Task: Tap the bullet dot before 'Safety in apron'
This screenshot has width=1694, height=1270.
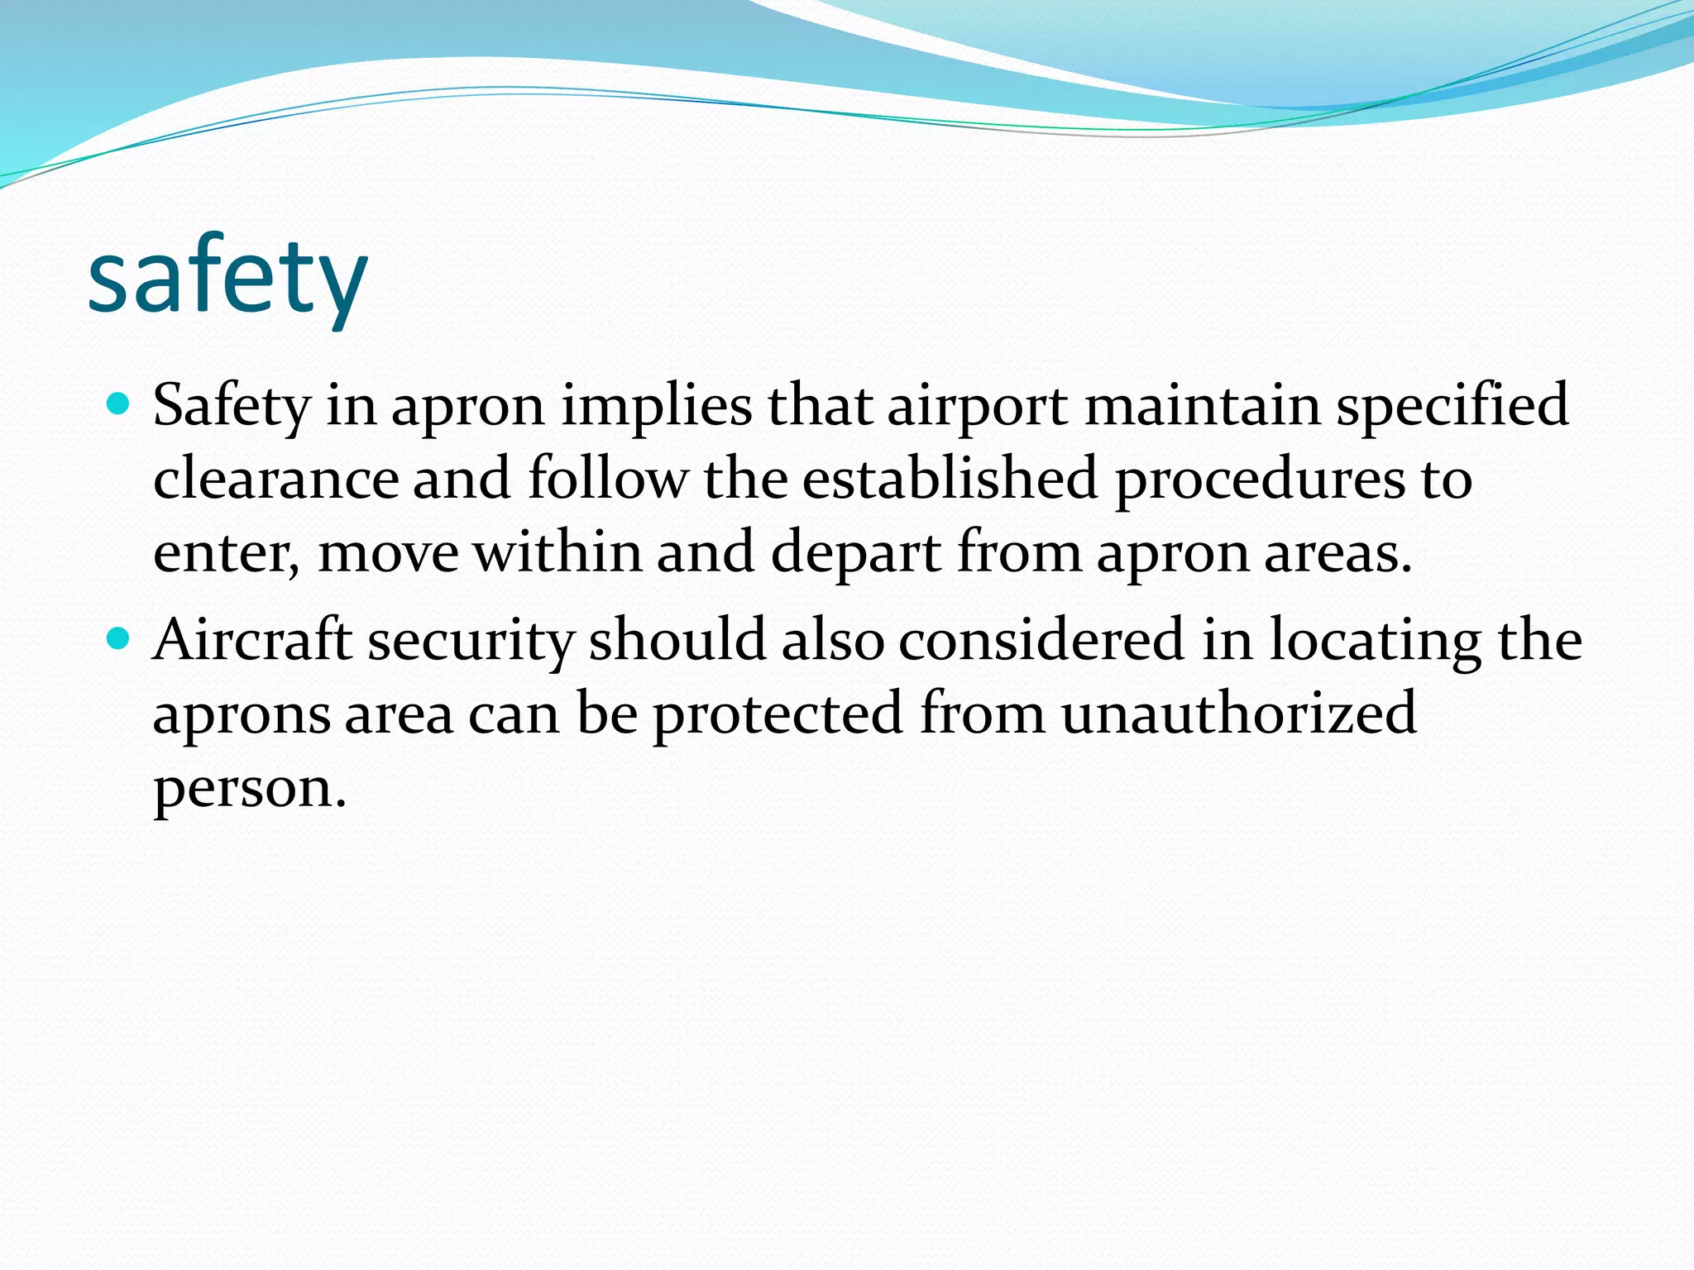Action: coord(119,405)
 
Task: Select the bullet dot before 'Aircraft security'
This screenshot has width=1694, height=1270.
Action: coord(119,638)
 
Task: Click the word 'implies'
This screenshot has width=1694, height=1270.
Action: coord(657,407)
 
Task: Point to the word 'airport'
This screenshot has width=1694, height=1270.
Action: coord(978,407)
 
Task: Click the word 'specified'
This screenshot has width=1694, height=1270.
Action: coord(1452,407)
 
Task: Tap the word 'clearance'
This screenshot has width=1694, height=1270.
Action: coord(276,480)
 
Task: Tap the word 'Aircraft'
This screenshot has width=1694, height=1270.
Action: coord(253,640)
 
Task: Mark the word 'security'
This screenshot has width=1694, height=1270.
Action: coord(471,642)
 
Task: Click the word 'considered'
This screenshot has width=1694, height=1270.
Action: coord(1041,640)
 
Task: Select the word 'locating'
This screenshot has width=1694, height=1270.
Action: coord(1376,642)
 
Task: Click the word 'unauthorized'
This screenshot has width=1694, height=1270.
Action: coord(1238,713)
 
